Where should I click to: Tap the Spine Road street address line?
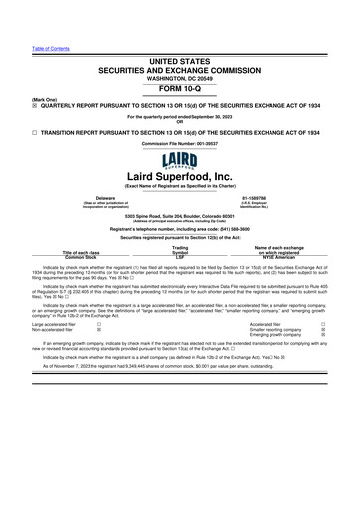click(180, 215)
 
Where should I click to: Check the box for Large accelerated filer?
click(99, 325)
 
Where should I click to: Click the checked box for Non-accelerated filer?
click(99, 331)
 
